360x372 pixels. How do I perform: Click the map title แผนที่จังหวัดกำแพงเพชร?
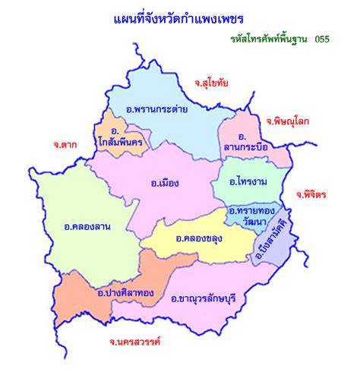pos(179,17)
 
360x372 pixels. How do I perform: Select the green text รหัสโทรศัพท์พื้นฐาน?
pos(270,38)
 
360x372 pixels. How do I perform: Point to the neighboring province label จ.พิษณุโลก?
pos(288,121)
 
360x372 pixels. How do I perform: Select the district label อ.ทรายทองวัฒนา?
pos(251,215)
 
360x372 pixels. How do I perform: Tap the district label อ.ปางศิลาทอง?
pos(125,292)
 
